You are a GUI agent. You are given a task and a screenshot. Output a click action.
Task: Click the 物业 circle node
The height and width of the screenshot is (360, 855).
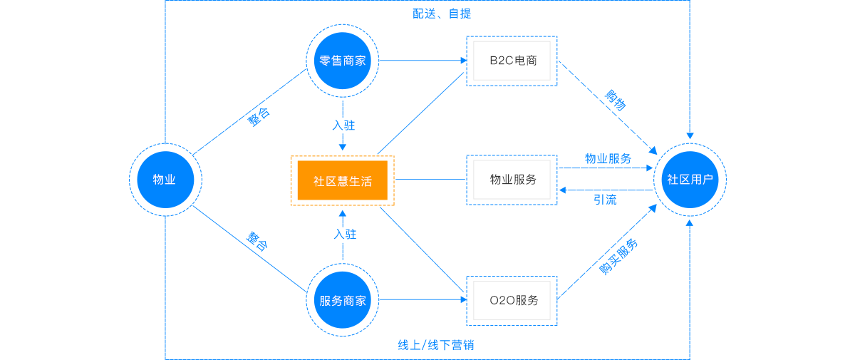(165, 179)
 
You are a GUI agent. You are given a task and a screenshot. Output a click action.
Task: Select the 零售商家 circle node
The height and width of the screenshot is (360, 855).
(343, 61)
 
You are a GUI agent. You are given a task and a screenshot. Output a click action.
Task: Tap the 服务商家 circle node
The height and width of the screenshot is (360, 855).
(343, 300)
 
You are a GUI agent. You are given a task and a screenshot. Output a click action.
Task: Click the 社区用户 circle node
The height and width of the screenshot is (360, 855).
(690, 179)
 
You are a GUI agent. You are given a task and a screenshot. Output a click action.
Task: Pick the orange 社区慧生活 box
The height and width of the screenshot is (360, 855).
(343, 180)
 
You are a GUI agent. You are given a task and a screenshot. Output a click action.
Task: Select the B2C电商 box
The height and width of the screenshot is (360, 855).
(512, 61)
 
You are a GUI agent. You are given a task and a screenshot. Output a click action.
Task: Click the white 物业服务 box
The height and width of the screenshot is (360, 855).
(512, 180)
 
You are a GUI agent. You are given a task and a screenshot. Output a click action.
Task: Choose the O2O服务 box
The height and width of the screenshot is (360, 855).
(512, 300)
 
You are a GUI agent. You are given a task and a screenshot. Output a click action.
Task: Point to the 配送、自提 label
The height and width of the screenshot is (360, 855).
(442, 14)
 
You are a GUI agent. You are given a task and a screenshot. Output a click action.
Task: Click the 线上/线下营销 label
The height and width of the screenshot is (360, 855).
(436, 346)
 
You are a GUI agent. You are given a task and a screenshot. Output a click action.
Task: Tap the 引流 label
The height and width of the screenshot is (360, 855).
(605, 200)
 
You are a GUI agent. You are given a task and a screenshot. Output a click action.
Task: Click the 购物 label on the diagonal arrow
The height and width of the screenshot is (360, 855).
(616, 101)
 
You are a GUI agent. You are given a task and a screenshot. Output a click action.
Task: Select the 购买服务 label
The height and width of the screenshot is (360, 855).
(618, 257)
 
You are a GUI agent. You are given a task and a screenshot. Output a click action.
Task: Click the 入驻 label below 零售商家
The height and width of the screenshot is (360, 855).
(343, 125)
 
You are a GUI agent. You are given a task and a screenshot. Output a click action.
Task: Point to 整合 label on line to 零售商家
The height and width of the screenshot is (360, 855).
(259, 118)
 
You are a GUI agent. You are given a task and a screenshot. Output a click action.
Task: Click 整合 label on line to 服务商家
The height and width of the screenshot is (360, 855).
(257, 241)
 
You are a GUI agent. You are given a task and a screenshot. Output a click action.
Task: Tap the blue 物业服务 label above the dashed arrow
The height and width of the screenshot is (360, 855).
(608, 158)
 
